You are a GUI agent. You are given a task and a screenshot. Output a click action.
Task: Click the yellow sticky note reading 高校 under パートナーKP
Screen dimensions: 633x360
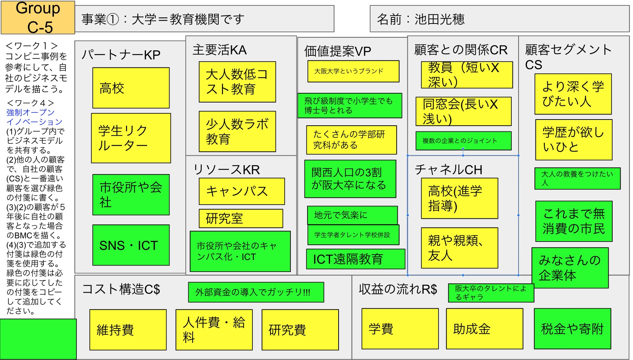131,88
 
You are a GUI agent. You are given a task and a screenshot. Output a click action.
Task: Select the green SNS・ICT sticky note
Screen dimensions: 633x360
131,245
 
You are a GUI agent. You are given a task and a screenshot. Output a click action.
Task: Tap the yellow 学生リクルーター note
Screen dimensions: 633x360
131,138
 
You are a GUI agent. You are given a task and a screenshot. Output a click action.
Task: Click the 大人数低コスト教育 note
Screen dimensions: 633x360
237,82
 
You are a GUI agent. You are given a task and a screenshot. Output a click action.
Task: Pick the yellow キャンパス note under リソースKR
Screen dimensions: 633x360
242,191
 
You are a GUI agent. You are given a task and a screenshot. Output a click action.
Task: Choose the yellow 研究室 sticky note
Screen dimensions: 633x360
241,218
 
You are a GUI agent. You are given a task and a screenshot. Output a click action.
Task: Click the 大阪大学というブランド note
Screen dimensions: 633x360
353,71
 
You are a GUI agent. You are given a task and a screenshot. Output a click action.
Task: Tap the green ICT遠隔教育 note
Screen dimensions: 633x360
355,259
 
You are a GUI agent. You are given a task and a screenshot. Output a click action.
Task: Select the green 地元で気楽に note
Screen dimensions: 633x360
352,215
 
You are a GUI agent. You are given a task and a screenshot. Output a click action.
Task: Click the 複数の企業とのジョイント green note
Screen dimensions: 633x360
464,141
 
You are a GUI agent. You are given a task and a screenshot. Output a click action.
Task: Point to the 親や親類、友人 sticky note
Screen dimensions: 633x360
460,248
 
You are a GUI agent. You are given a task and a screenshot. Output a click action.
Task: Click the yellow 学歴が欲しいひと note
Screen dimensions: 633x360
574,140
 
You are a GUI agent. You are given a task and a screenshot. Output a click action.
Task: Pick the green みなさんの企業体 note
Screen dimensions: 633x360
570,268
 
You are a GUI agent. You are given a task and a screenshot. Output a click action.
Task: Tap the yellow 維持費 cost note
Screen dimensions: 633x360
128,330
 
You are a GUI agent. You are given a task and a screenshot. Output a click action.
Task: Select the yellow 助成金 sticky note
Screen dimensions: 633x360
485,329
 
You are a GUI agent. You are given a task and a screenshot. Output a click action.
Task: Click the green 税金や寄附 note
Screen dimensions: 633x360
573,329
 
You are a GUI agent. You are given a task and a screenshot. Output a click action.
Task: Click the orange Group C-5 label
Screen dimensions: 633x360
38,17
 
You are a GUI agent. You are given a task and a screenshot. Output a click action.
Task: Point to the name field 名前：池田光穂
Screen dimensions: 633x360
420,19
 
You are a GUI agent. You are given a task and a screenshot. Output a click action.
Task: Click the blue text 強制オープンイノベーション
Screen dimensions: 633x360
34,117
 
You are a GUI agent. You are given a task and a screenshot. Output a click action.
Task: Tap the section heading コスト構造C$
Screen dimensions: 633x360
121,289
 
